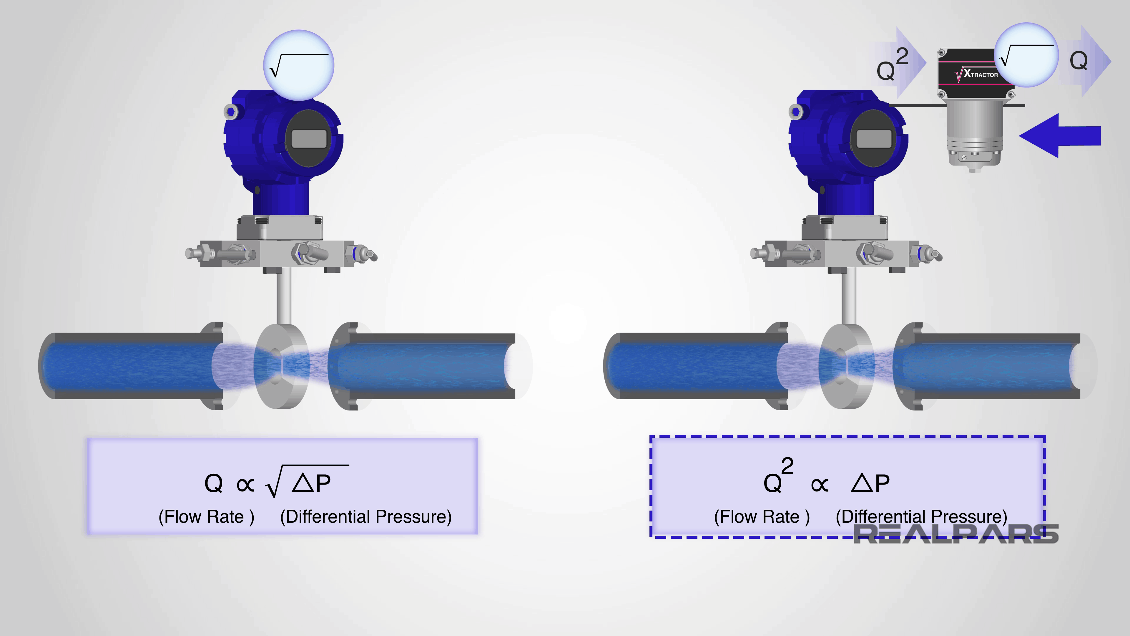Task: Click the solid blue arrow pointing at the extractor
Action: tap(1061, 135)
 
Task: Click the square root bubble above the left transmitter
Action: tap(299, 65)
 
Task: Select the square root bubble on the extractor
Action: tap(1026, 55)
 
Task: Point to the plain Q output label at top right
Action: tap(1078, 61)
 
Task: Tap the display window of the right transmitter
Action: tap(874, 139)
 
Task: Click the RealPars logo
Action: tap(956, 534)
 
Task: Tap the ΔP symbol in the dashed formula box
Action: tap(870, 483)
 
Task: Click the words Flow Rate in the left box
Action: tap(206, 517)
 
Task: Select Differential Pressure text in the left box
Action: tap(366, 517)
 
